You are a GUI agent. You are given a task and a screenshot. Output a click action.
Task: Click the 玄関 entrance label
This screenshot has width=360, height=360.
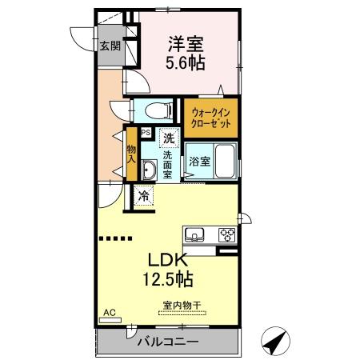pyautogui.click(x=110, y=46)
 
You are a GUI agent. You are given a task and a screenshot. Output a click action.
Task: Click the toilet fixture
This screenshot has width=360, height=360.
pyautogui.click(x=159, y=110)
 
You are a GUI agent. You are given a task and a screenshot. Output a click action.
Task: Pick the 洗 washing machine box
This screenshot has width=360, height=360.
pyautogui.click(x=169, y=137)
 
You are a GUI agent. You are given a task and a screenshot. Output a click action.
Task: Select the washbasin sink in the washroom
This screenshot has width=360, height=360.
pyautogui.click(x=148, y=169)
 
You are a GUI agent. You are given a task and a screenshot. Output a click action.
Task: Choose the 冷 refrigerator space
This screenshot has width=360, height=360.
pyautogui.click(x=144, y=194)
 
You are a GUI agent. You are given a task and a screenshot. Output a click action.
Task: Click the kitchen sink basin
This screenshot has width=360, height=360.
pyautogui.click(x=194, y=234)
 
